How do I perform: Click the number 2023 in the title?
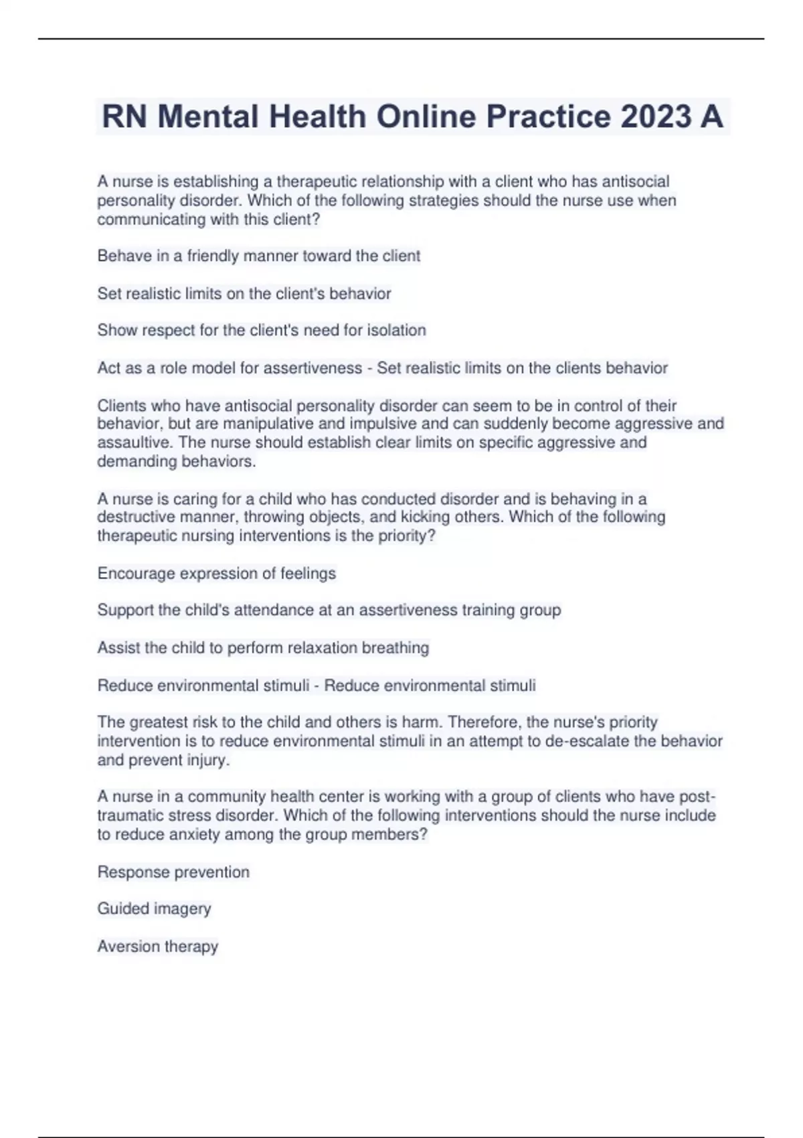point(656,116)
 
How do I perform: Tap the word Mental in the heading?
point(207,116)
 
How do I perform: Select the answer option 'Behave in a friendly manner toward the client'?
point(258,256)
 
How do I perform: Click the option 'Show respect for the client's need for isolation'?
point(261,330)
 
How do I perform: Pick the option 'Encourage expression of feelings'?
point(216,573)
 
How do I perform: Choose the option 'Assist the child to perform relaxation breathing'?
point(263,647)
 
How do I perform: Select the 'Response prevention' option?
point(173,872)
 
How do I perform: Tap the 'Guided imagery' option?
point(154,908)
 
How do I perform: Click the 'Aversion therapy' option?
point(157,946)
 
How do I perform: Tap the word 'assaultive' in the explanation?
point(130,442)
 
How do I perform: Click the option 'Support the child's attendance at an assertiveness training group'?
point(329,610)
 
